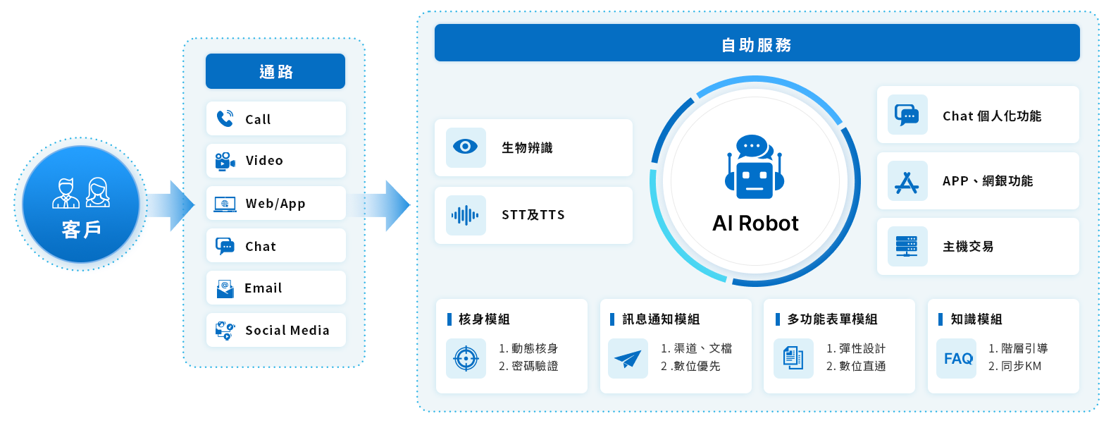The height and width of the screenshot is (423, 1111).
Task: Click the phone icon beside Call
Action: coord(225,118)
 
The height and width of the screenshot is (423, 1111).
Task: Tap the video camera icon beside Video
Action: coord(225,161)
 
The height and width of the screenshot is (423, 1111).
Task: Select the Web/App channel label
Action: coord(275,204)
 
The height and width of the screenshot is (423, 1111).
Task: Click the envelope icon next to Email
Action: coord(225,288)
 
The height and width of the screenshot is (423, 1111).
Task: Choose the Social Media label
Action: coord(287,331)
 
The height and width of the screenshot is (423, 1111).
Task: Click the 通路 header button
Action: coord(275,71)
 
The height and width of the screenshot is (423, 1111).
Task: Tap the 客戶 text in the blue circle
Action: coord(81,229)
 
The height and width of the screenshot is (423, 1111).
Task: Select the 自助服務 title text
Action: coord(757,45)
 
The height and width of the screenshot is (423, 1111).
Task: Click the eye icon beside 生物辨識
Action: coord(466,147)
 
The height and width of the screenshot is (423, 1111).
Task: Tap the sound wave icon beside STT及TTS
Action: coord(466,215)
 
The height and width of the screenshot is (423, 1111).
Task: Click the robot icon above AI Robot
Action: coord(755,168)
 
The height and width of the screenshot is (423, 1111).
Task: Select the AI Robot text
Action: coord(755,223)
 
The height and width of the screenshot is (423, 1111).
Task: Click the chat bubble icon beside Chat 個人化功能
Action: coord(907,115)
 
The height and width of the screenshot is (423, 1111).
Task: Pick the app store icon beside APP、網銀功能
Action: coord(907,182)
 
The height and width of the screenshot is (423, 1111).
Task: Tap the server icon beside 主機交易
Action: coord(907,246)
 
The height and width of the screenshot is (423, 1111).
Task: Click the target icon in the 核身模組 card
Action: coord(466,358)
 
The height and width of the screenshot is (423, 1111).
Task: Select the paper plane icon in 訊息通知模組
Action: coord(628,359)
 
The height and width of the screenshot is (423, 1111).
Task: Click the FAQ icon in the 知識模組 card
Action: coord(958,359)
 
